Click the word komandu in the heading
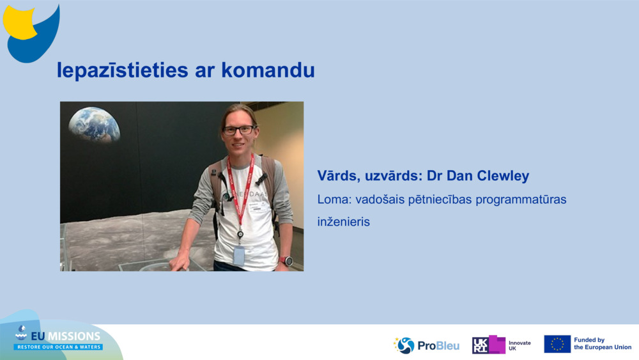coord(268,70)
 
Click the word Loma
coord(332,200)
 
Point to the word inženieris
coord(344,223)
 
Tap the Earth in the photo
coord(95,123)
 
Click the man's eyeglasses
coord(238,130)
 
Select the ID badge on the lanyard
coord(239,255)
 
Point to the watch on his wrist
coord(287,261)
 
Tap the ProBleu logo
coord(426,345)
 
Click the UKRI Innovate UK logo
coord(502,345)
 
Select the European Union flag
coord(557,344)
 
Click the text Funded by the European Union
coord(602,344)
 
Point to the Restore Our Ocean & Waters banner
coord(58,347)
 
